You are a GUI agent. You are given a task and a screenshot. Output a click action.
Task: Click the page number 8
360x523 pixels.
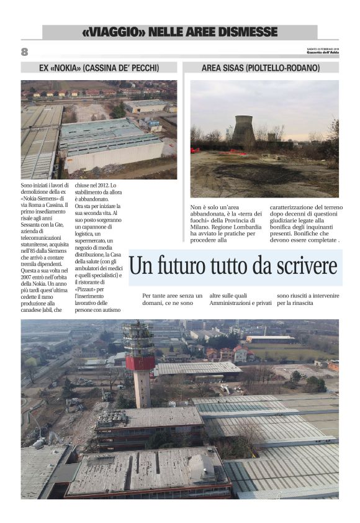pyautogui.click(x=25, y=52)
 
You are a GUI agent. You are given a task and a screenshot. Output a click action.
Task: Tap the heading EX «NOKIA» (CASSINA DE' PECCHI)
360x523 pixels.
pyautogui.click(x=99, y=67)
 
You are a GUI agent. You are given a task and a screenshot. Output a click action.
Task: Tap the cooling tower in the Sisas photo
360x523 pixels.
pyautogui.click(x=243, y=129)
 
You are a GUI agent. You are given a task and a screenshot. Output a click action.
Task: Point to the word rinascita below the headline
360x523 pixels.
pyautogui.click(x=300, y=302)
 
